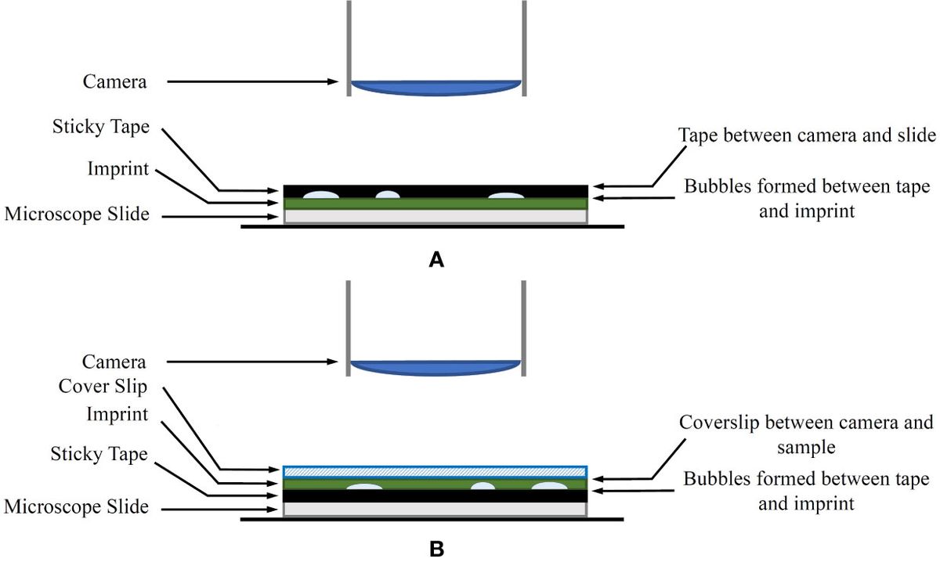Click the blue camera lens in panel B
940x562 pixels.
pos(436,368)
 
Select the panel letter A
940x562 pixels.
pos(438,261)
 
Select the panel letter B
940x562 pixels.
pos(438,549)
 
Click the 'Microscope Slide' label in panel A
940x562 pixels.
pos(76,214)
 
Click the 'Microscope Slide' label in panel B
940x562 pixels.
pos(76,506)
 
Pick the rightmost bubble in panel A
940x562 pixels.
pos(506,194)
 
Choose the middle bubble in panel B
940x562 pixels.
pos(486,487)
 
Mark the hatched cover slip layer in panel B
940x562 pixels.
pos(435,471)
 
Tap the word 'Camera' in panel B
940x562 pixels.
pos(114,362)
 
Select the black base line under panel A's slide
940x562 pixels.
pos(432,227)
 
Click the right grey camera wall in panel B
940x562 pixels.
pos(522,329)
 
